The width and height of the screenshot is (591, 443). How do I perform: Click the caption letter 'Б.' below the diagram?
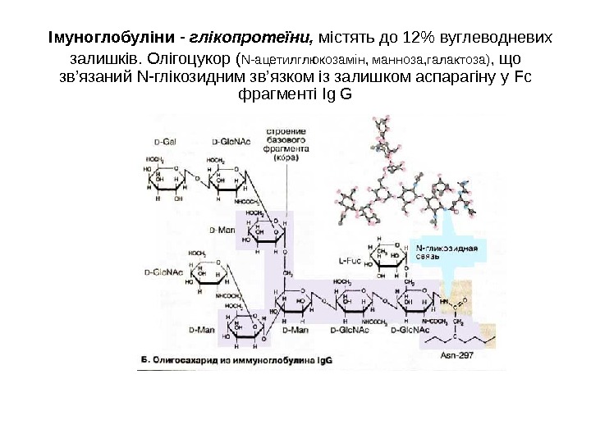point(145,358)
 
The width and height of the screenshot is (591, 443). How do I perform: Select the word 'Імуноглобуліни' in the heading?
point(111,38)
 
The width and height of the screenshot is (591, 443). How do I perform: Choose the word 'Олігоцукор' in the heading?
point(190,59)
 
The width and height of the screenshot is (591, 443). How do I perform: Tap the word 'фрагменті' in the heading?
point(274,95)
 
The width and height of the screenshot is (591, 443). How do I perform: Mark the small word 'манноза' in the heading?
point(399,60)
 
